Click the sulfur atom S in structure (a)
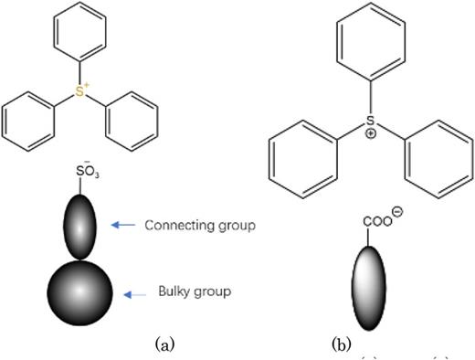(x=80, y=91)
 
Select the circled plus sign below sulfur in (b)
(x=369, y=133)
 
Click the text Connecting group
(x=198, y=225)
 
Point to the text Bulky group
(x=185, y=292)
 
